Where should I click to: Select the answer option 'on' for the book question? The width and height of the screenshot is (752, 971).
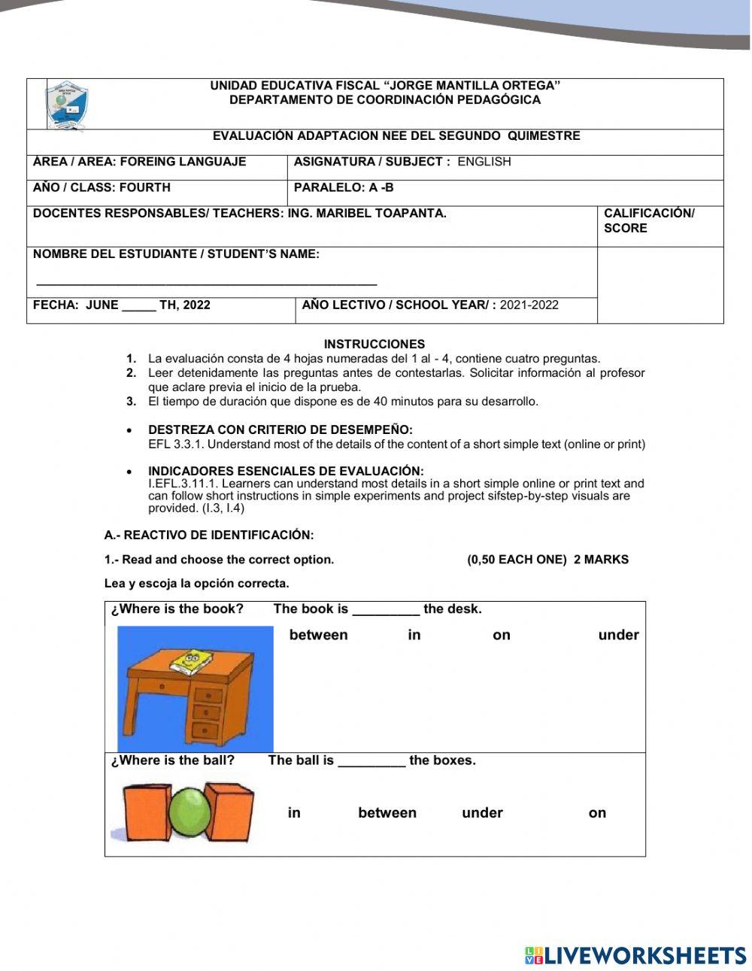[x=502, y=636]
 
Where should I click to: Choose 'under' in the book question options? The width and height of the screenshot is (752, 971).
[x=618, y=636]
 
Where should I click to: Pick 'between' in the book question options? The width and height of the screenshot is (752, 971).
[x=318, y=636]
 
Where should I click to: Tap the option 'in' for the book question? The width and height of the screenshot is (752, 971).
[x=414, y=636]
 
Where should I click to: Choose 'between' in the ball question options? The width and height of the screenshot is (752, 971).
[x=387, y=813]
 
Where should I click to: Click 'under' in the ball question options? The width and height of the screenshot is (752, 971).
[x=482, y=813]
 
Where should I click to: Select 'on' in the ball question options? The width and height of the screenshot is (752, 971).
[x=597, y=813]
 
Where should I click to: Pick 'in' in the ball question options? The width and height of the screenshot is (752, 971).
[x=294, y=813]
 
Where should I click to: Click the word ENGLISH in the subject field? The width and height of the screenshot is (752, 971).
[x=484, y=162]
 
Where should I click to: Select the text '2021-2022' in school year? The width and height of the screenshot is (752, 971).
[x=529, y=305]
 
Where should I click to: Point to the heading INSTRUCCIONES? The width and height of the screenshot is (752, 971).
[x=374, y=344]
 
